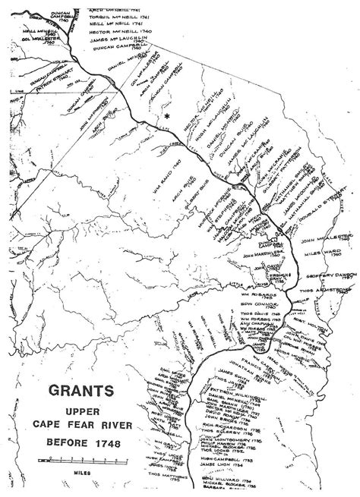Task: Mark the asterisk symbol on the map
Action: click(x=166, y=118)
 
